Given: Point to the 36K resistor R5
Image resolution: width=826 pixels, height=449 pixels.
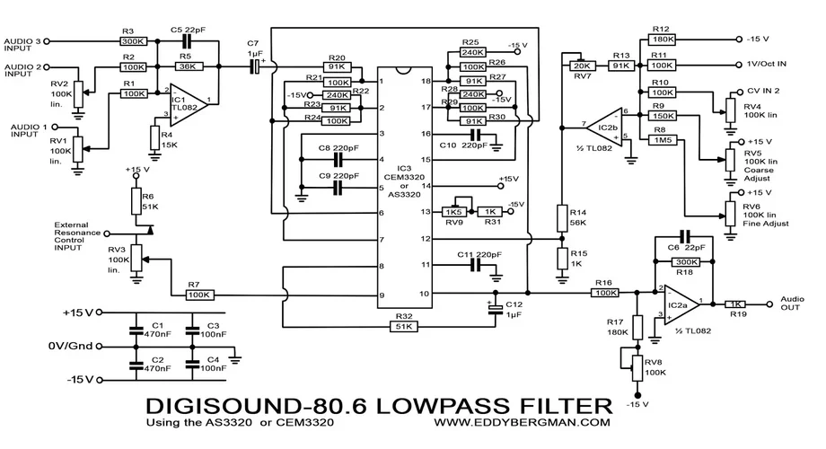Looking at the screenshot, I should click(x=186, y=66).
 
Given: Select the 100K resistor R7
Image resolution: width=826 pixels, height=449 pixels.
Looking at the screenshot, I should click(x=199, y=294).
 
